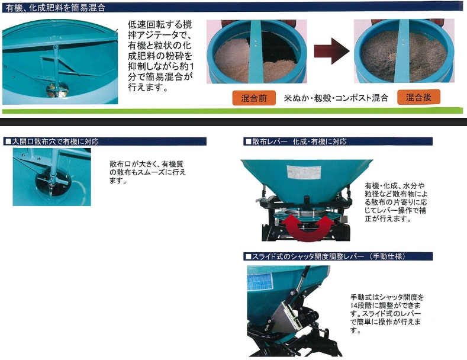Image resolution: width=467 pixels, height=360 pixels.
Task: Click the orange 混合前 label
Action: (x=254, y=98)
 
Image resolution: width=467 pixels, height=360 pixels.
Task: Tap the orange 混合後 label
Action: (x=418, y=97)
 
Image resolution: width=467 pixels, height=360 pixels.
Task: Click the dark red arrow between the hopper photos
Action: (x=331, y=51)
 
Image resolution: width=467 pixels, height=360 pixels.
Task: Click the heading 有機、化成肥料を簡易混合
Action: (x=56, y=8)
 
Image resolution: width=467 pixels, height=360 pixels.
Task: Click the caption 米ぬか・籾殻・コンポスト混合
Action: (x=336, y=98)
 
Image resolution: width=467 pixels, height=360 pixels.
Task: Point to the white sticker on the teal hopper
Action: (x=304, y=172)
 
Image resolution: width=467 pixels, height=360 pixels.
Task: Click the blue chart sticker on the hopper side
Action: (x=260, y=282)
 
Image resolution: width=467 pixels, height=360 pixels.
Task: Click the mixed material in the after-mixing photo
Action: (x=404, y=57)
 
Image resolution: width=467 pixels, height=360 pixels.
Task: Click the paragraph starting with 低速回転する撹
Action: (x=160, y=56)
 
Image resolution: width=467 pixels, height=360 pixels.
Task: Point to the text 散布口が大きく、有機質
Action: (x=147, y=164)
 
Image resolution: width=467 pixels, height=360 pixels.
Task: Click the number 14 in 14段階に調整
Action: (x=354, y=306)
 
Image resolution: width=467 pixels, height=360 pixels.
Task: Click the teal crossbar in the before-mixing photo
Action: (x=256, y=52)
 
